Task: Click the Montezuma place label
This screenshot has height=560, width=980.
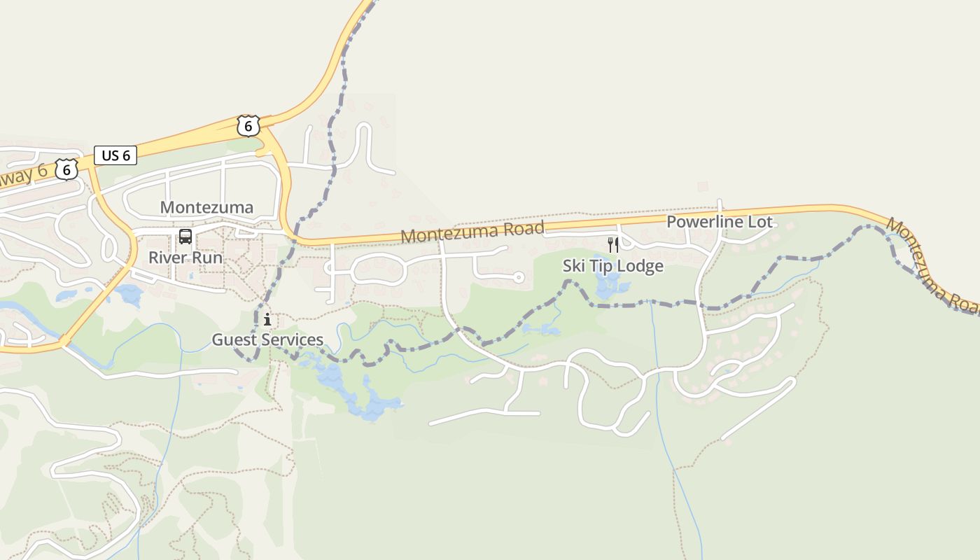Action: (206, 207)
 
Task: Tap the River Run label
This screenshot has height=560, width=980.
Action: (185, 257)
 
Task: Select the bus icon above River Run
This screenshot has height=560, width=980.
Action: (185, 237)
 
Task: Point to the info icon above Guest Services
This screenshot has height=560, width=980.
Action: (267, 320)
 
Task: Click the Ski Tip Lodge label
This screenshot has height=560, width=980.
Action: (612, 266)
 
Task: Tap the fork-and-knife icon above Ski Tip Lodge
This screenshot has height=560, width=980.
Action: (613, 244)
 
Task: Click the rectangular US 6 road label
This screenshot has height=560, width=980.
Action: (115, 155)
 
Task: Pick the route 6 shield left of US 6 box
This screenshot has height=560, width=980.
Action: (66, 169)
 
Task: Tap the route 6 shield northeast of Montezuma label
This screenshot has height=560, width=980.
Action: (248, 126)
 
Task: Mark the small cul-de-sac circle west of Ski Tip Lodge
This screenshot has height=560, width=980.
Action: (519, 278)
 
